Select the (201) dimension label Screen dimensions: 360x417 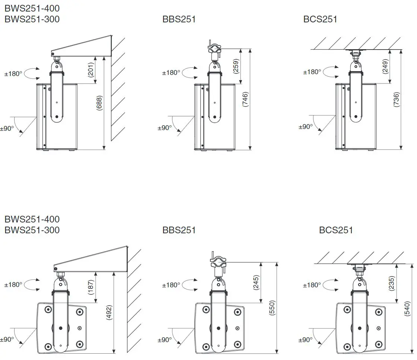coord(90,69)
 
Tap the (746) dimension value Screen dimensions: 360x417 coord(245,99)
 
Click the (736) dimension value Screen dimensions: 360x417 coord(396,100)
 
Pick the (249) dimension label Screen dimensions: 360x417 coord(385,66)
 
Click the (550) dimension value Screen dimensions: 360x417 coord(272,307)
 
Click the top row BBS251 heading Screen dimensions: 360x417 coord(179,19)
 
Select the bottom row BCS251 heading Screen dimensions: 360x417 coord(336,230)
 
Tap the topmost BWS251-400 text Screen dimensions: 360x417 coord(32,8)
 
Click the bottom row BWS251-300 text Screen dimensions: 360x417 coord(32,230)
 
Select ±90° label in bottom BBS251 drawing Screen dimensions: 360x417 coord(165,340)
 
